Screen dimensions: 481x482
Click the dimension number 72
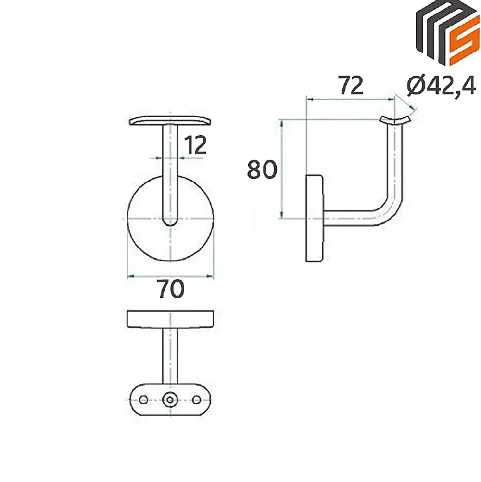(351, 86)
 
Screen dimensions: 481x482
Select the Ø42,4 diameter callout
(442, 86)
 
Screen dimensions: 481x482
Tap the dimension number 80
(262, 169)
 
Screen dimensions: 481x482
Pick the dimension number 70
(171, 289)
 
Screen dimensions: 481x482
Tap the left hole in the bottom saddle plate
(143, 400)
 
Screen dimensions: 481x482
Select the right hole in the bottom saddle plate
(197, 400)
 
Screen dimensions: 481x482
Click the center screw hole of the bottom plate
(170, 400)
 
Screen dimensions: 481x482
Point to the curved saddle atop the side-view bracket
(395, 120)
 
